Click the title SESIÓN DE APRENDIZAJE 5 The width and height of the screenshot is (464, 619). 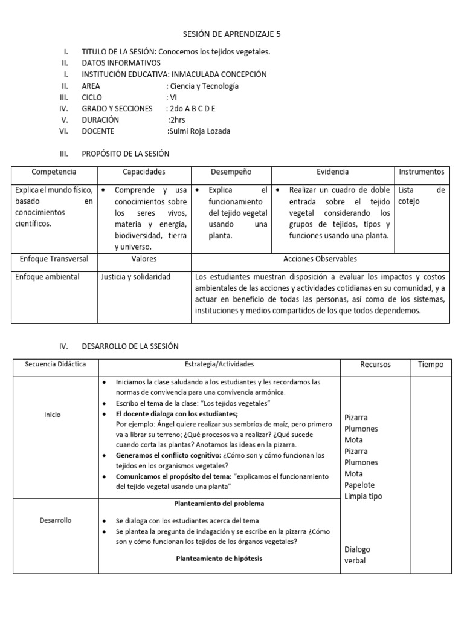[232, 34]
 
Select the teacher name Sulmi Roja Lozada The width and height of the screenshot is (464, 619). [199, 131]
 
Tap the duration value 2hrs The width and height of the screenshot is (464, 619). [178, 120]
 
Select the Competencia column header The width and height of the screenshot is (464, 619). [54, 172]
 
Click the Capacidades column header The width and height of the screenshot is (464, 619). [144, 172]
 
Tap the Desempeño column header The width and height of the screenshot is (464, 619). [231, 172]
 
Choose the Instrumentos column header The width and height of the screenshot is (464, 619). [422, 172]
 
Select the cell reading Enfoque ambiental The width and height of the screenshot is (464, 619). [47, 277]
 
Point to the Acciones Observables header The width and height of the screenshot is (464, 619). [320, 259]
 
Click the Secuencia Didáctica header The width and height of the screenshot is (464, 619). [55, 365]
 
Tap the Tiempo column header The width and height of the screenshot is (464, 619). [431, 365]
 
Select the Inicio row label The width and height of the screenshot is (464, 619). [53, 415]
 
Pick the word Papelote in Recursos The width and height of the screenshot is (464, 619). [359, 485]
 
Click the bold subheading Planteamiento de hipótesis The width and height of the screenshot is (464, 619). [219, 559]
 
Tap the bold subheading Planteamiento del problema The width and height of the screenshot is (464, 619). [219, 503]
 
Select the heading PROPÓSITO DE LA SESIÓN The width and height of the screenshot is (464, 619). [126, 154]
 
